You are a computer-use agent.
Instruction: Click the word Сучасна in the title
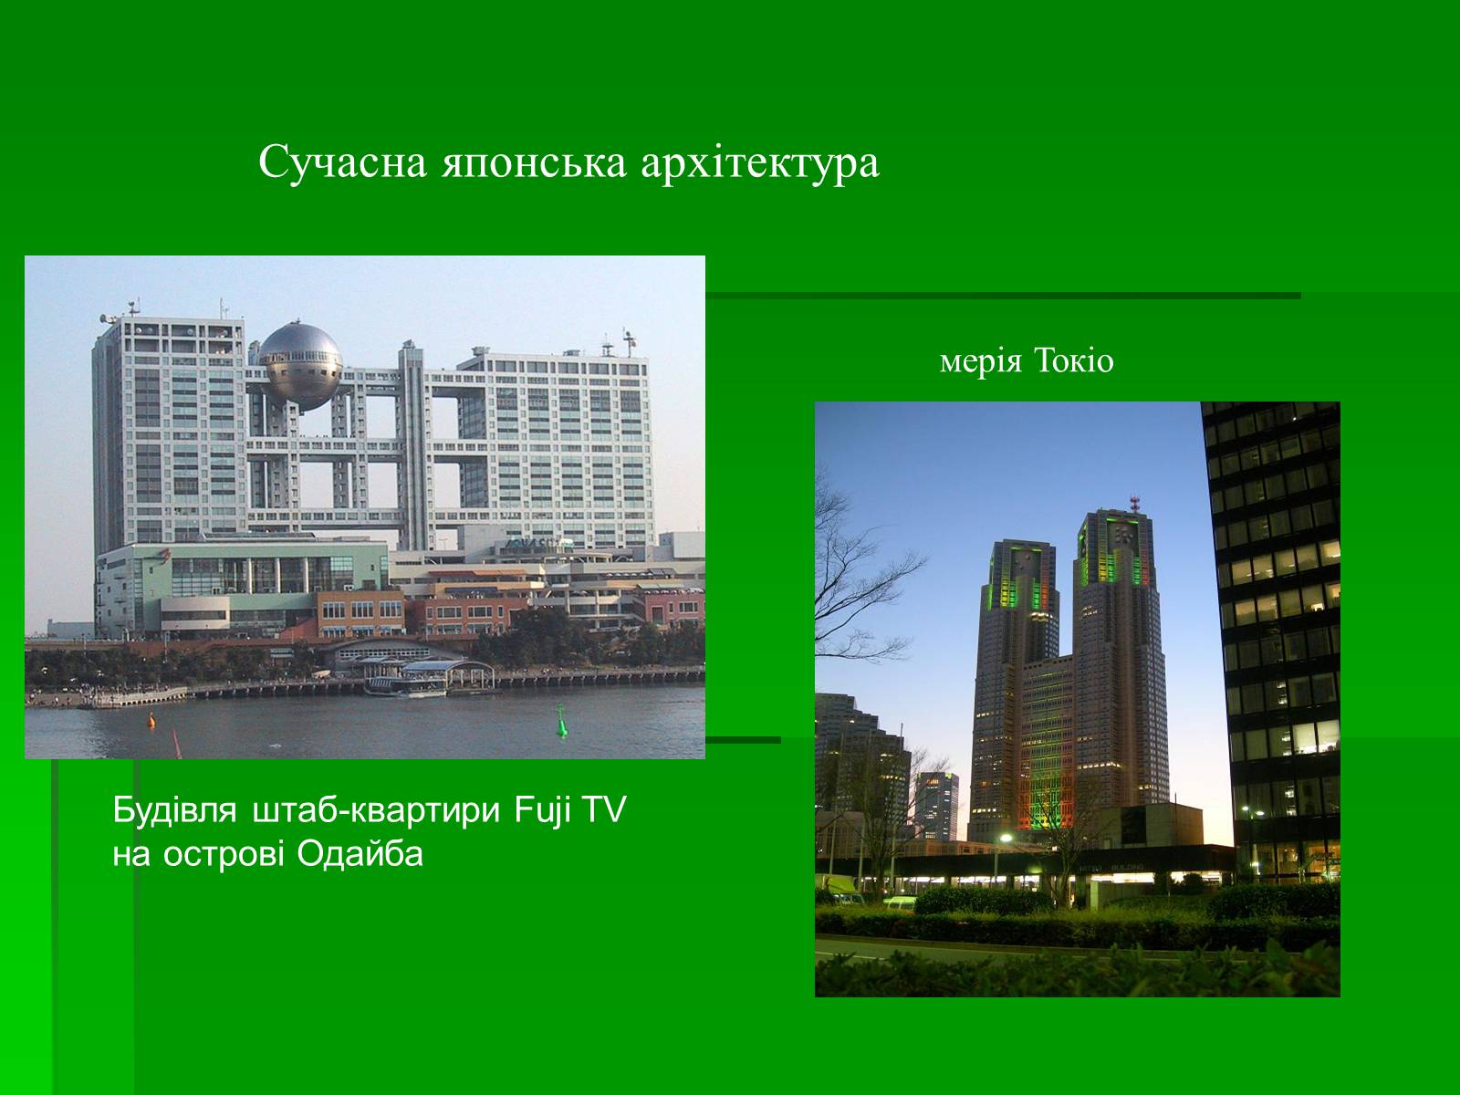(342, 162)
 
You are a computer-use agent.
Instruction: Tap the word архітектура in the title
(760, 164)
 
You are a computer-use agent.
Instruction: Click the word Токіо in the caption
(1073, 361)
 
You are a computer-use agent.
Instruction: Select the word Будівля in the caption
(174, 809)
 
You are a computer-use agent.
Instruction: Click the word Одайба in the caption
(360, 854)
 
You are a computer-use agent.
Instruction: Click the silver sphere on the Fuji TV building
(300, 366)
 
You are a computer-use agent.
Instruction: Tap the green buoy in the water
(561, 722)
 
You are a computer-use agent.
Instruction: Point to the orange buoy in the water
(151, 719)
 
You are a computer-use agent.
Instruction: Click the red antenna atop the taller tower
(1135, 504)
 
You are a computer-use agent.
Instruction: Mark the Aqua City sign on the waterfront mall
(531, 543)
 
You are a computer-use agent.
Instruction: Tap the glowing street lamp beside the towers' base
(1005, 839)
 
